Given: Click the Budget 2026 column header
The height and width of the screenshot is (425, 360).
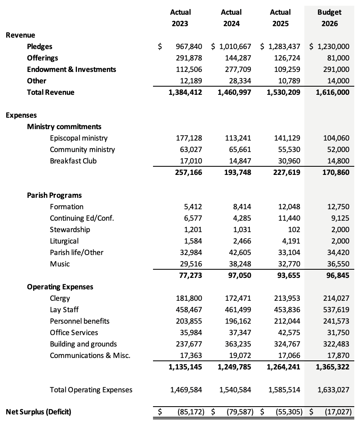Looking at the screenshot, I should click(x=330, y=18).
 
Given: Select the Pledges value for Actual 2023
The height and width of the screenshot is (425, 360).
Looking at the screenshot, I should click(x=189, y=47).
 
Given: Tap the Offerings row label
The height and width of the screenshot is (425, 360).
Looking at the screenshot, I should click(x=43, y=58).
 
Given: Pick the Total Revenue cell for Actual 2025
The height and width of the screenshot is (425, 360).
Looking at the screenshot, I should click(x=283, y=92).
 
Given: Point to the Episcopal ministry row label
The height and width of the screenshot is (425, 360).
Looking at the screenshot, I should click(x=79, y=138).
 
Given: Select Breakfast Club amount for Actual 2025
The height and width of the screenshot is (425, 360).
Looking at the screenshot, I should click(x=289, y=161).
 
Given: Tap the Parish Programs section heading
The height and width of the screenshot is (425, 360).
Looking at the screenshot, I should click(x=54, y=195).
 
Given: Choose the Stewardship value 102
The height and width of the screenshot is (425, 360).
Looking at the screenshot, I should click(x=294, y=230).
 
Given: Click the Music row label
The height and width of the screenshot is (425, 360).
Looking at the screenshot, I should click(x=60, y=264).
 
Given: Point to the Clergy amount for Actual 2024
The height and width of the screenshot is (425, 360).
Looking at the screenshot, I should click(x=238, y=298).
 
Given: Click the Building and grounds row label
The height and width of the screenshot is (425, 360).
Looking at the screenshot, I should click(x=83, y=344).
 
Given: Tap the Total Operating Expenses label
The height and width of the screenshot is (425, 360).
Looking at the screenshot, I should click(x=91, y=390).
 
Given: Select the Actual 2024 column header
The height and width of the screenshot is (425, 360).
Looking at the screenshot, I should click(x=232, y=18).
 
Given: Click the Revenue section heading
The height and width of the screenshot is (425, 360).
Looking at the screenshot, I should click(x=20, y=35).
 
